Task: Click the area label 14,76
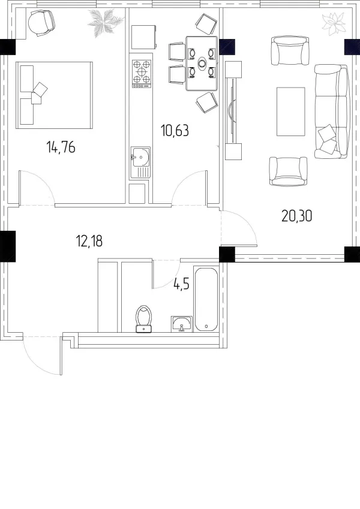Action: (61, 147)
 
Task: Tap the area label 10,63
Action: (175, 131)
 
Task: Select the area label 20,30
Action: (296, 216)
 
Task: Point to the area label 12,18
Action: (89, 241)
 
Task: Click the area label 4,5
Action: (181, 285)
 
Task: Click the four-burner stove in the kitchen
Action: (142, 74)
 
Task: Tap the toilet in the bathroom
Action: (144, 319)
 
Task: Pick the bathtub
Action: (206, 299)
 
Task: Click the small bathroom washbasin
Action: (182, 324)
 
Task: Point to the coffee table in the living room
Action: (291, 112)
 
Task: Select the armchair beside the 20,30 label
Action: (288, 171)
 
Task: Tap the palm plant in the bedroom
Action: (106, 23)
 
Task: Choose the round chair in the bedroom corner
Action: (41, 23)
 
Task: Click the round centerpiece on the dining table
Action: (203, 62)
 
